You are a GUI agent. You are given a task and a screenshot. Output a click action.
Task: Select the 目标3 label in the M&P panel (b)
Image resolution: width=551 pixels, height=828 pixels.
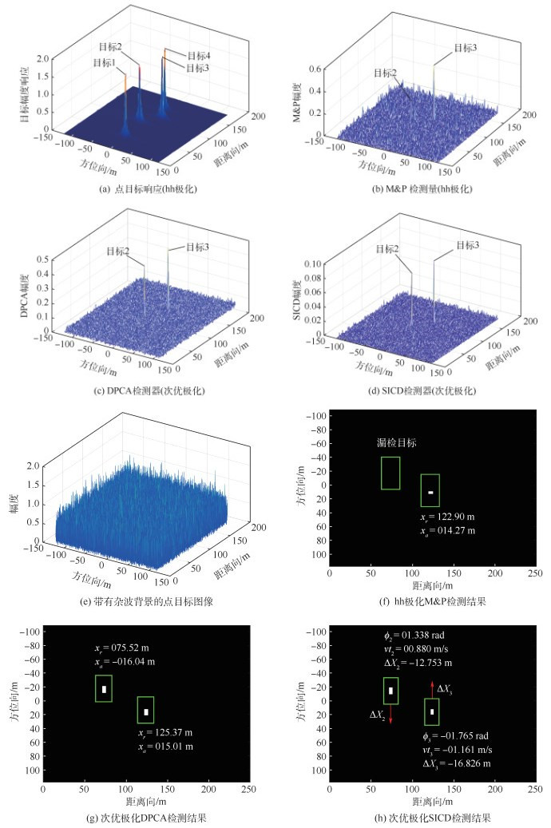pyautogui.click(x=466, y=49)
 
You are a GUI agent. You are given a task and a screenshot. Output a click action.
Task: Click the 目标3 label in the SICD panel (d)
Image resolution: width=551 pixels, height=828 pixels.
pyautogui.click(x=466, y=246)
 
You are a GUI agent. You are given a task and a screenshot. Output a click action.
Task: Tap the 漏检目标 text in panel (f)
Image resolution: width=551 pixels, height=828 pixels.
pyautogui.click(x=397, y=442)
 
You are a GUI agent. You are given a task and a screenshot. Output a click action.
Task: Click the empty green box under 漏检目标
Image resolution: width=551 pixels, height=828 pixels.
pyautogui.click(x=390, y=473)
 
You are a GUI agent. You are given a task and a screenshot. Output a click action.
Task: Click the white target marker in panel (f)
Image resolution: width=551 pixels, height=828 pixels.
pyautogui.click(x=430, y=492)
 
